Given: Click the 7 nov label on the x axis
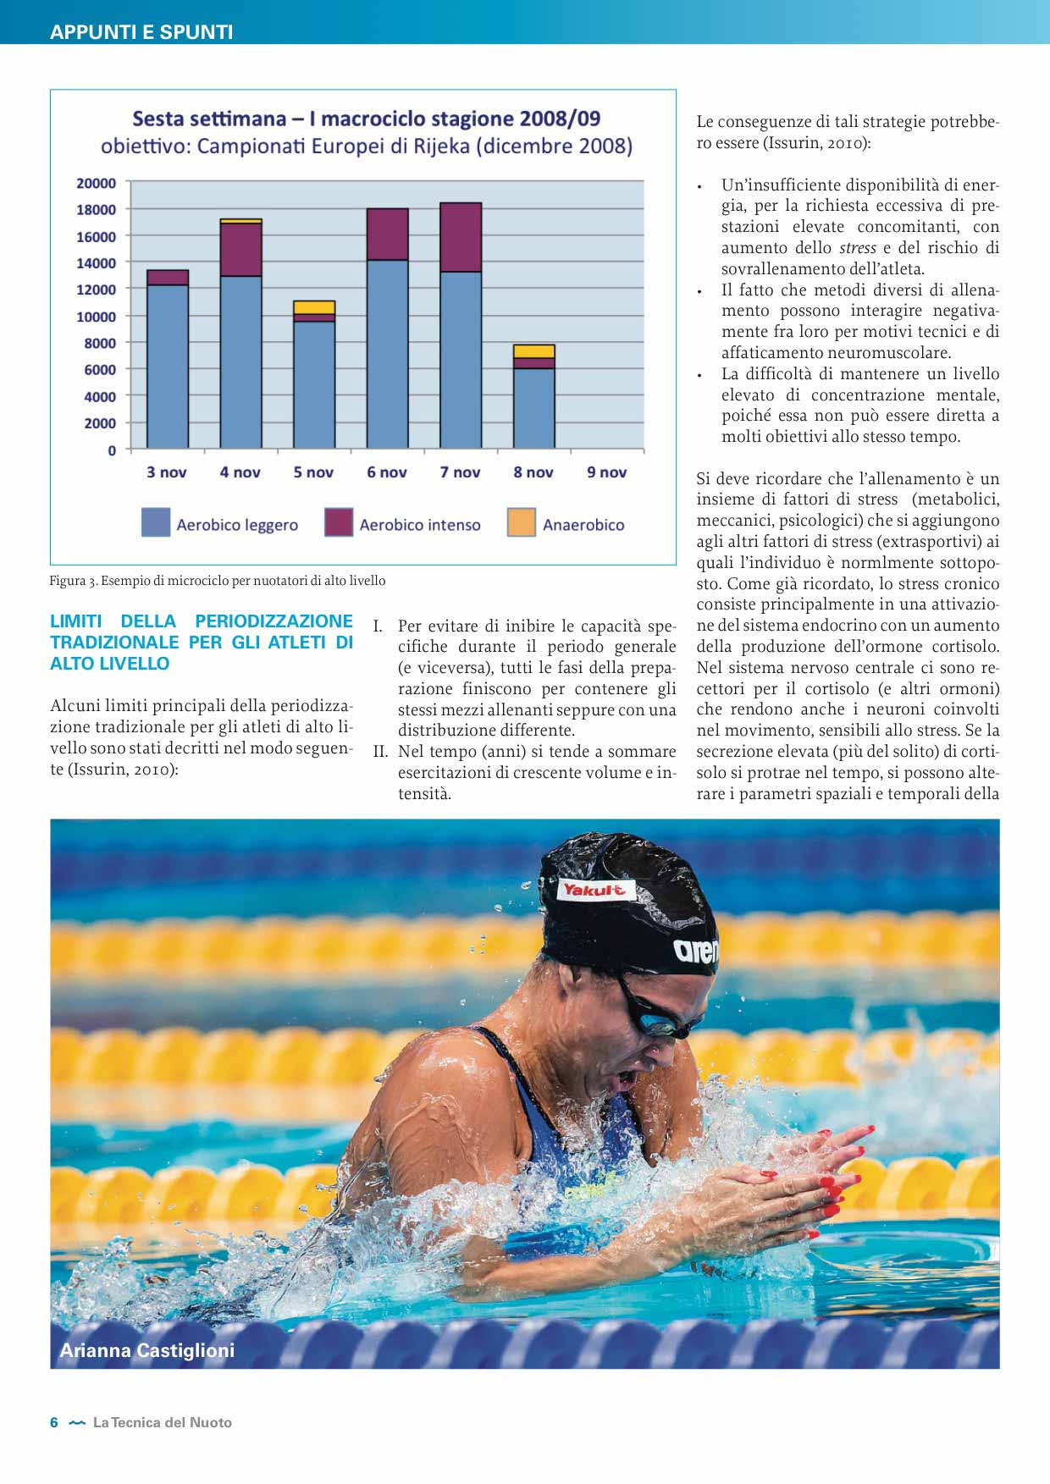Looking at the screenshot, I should pyautogui.click(x=460, y=472).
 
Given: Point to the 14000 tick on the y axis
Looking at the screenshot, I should pyautogui.click(x=96, y=263).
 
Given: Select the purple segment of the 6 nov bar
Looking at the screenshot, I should pyautogui.click(x=387, y=234).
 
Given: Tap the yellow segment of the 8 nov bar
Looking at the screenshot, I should pyautogui.click(x=534, y=351).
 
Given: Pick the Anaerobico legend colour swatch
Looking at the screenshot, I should pyautogui.click(x=521, y=522).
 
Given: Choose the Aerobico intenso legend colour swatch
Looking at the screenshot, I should pyautogui.click(x=339, y=522).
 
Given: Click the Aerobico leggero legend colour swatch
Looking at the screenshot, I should pyautogui.click(x=156, y=522).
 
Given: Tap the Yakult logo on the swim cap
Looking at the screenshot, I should pyautogui.click(x=594, y=890).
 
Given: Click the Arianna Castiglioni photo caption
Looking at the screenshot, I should pyautogui.click(x=146, y=1350).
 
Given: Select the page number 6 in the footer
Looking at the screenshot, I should pyautogui.click(x=54, y=1422).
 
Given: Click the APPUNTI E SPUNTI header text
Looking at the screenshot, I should pyautogui.click(x=141, y=32).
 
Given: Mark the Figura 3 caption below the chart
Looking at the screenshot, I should pyautogui.click(x=217, y=581).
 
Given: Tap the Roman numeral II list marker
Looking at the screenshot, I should pyautogui.click(x=380, y=752).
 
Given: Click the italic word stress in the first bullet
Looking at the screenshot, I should pyautogui.click(x=857, y=248).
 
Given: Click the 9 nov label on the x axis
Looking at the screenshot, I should pyautogui.click(x=606, y=472).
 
